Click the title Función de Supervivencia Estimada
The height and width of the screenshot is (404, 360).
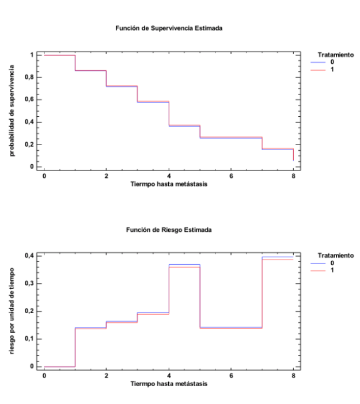click(169, 28)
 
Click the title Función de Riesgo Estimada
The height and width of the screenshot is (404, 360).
click(169, 230)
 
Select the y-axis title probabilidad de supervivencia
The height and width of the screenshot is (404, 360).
click(12, 111)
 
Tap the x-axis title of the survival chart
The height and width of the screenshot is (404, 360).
click(169, 184)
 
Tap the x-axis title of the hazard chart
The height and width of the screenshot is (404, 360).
click(169, 384)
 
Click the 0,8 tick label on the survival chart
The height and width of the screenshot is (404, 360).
click(29, 77)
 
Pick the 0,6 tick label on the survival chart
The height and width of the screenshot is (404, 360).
click(29, 100)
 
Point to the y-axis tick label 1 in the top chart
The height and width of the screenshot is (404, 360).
click(32, 55)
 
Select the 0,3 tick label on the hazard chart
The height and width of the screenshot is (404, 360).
click(29, 283)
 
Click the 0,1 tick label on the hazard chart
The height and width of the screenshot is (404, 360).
click(29, 339)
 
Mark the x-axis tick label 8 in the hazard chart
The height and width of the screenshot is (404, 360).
click(293, 375)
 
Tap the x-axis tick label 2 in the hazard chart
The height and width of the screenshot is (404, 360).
click(107, 375)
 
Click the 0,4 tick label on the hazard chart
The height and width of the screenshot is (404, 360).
click(29, 255)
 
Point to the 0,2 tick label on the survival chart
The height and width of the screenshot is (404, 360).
click(29, 144)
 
